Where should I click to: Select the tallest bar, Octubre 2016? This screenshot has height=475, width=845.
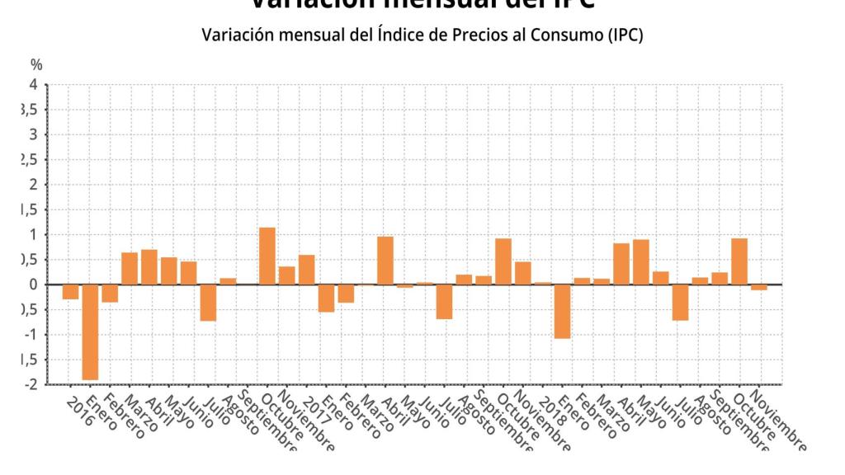click(x=267, y=256)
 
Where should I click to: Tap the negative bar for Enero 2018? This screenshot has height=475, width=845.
click(x=562, y=311)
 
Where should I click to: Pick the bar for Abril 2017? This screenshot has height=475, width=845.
click(x=385, y=261)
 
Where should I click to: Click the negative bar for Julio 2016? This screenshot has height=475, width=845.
click(x=208, y=303)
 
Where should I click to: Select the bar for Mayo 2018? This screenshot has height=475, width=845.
click(x=640, y=262)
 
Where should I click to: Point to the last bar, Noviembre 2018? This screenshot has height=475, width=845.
click(x=759, y=287)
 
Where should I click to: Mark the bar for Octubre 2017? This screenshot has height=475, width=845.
click(x=503, y=261)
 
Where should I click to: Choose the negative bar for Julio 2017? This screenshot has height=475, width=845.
click(x=444, y=302)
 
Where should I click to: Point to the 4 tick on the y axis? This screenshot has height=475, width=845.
click(x=33, y=85)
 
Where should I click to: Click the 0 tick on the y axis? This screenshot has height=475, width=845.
click(x=33, y=285)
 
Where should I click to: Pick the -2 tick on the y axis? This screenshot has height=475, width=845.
click(x=31, y=384)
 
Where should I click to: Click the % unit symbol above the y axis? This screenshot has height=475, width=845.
click(x=36, y=64)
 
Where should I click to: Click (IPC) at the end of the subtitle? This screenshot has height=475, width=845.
click(x=624, y=35)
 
